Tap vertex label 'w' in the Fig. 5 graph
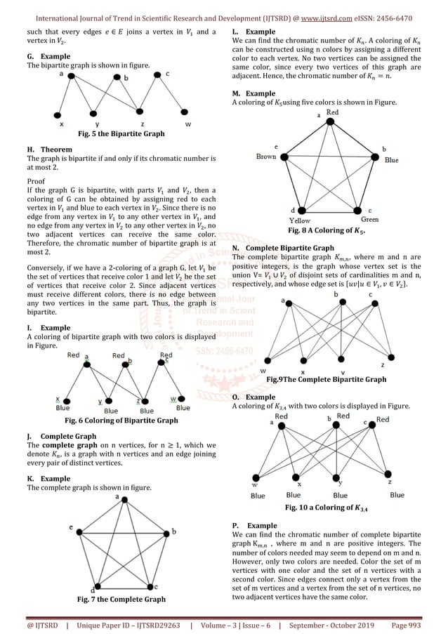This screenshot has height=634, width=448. click(x=187, y=124)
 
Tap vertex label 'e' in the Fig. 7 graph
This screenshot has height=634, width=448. click(x=71, y=527)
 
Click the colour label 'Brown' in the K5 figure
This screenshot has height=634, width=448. click(x=265, y=156)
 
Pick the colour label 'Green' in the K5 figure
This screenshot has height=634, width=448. click(x=370, y=219)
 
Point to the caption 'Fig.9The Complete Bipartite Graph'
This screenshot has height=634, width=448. click(x=327, y=379)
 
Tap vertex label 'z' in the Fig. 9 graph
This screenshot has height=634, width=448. click(x=402, y=365)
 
